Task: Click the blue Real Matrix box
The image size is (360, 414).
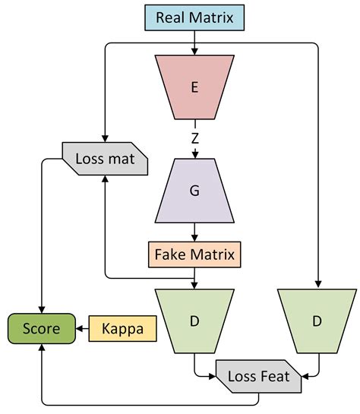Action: pyautogui.click(x=194, y=17)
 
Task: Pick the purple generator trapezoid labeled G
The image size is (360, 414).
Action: pyautogui.click(x=194, y=191)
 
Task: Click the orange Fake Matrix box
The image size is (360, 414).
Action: pyautogui.click(x=194, y=251)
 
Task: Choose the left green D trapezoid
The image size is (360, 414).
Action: pyautogui.click(x=194, y=321)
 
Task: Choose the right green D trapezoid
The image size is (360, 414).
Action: pyautogui.click(x=317, y=321)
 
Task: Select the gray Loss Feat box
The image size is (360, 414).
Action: pyautogui.click(x=257, y=376)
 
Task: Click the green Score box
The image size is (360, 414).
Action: pyautogui.click(x=41, y=328)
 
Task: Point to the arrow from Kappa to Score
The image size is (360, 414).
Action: pyautogui.click(x=83, y=328)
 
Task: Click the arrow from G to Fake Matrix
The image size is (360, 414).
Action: pyautogui.click(x=194, y=232)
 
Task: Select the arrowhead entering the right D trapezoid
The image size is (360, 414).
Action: pyautogui.click(x=317, y=284)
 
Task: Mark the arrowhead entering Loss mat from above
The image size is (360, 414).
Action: pyautogui.click(x=103, y=137)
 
